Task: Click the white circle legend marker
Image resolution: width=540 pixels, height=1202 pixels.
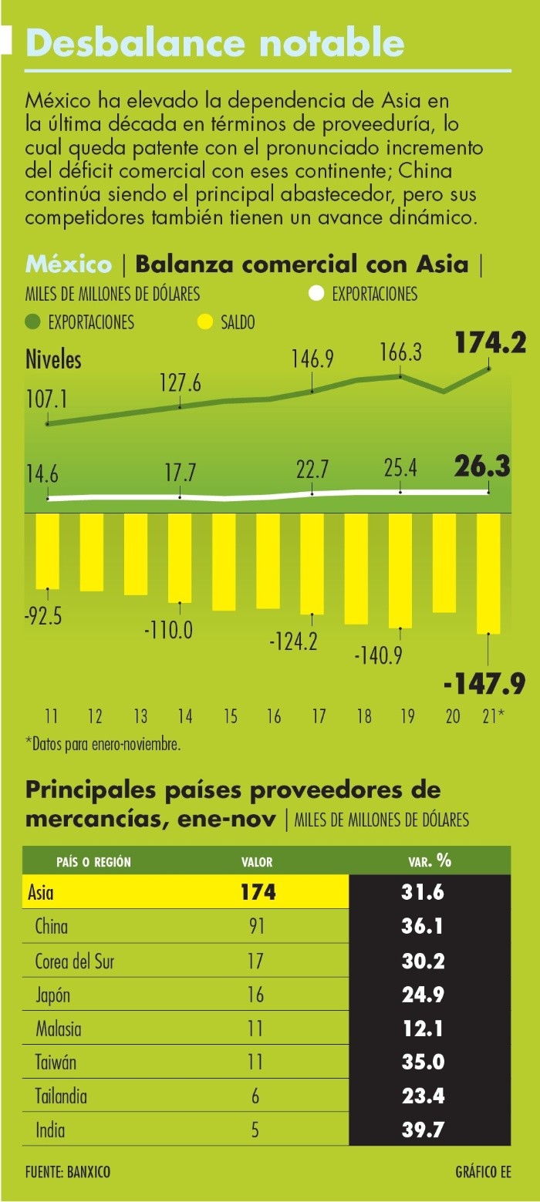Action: [316, 294]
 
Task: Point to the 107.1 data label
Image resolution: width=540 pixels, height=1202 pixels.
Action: [47, 399]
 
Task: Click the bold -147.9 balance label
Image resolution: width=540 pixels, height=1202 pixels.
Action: [484, 683]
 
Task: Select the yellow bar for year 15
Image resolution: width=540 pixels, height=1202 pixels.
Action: [224, 562]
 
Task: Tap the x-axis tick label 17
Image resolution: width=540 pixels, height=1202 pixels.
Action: [319, 716]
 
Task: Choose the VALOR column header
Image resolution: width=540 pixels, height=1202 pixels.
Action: [257, 862]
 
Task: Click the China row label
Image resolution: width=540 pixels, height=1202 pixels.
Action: [52, 927]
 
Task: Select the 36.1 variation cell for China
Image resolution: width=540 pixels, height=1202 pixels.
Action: [422, 927]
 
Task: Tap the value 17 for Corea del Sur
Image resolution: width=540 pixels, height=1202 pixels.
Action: [255, 961]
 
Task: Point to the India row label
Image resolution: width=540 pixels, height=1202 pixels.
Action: [50, 1131]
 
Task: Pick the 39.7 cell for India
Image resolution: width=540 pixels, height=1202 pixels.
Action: [422, 1131]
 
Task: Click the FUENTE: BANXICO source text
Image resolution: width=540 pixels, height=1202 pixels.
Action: [68, 1173]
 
